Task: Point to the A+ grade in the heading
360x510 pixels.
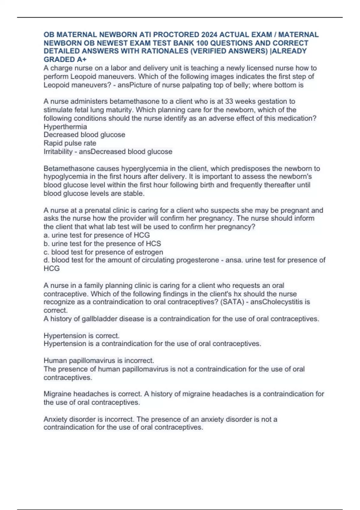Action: coord(82,59)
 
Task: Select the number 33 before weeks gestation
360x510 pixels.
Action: coord(229,101)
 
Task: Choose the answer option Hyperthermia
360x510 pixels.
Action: coord(65,127)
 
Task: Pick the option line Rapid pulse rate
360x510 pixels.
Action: coord(70,143)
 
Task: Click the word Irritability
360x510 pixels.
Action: coord(58,151)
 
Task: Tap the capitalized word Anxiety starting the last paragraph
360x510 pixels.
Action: coord(55,419)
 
